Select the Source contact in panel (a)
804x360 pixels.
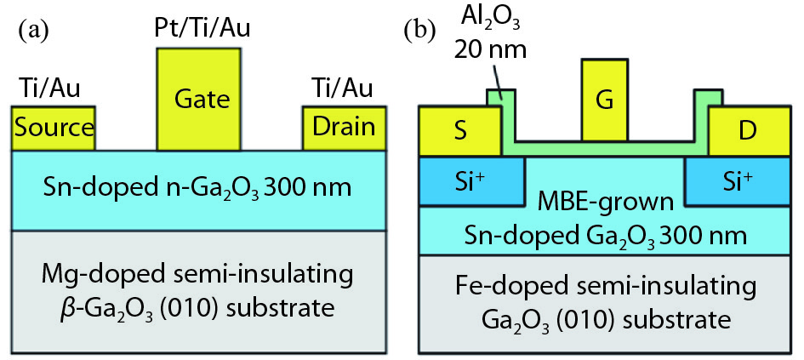(x=53, y=128)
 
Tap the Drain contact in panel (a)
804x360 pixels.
(x=344, y=128)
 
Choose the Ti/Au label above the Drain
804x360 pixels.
(x=343, y=88)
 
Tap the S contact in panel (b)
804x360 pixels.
(x=459, y=132)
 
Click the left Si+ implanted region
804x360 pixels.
(x=470, y=180)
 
